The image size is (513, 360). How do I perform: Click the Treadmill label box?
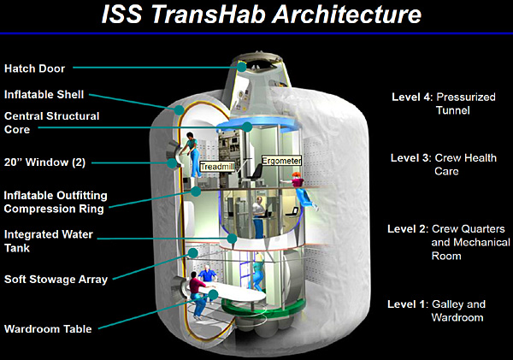(x=217, y=167)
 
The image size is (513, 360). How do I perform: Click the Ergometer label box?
(x=281, y=161)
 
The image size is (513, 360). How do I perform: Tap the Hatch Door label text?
(x=35, y=68)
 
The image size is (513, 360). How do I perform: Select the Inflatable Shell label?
(x=44, y=95)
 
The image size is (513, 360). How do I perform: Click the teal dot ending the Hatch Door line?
(x=241, y=67)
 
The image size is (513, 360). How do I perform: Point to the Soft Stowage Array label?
(x=56, y=280)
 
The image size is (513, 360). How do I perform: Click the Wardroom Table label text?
(x=48, y=328)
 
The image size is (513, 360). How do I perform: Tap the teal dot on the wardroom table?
(x=213, y=294)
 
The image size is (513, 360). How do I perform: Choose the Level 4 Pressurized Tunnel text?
(x=444, y=103)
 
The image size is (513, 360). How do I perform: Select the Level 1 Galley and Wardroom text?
(x=436, y=310)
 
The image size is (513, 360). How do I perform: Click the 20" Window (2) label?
(x=44, y=162)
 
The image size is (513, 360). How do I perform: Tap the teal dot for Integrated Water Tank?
(x=232, y=239)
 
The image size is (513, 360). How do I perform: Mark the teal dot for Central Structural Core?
(x=247, y=127)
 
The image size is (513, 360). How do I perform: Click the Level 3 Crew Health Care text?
(x=444, y=165)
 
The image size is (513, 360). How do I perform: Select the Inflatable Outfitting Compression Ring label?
(x=56, y=202)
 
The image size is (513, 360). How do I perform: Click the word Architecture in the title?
(x=347, y=15)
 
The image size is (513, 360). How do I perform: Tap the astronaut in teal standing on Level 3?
(x=192, y=154)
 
